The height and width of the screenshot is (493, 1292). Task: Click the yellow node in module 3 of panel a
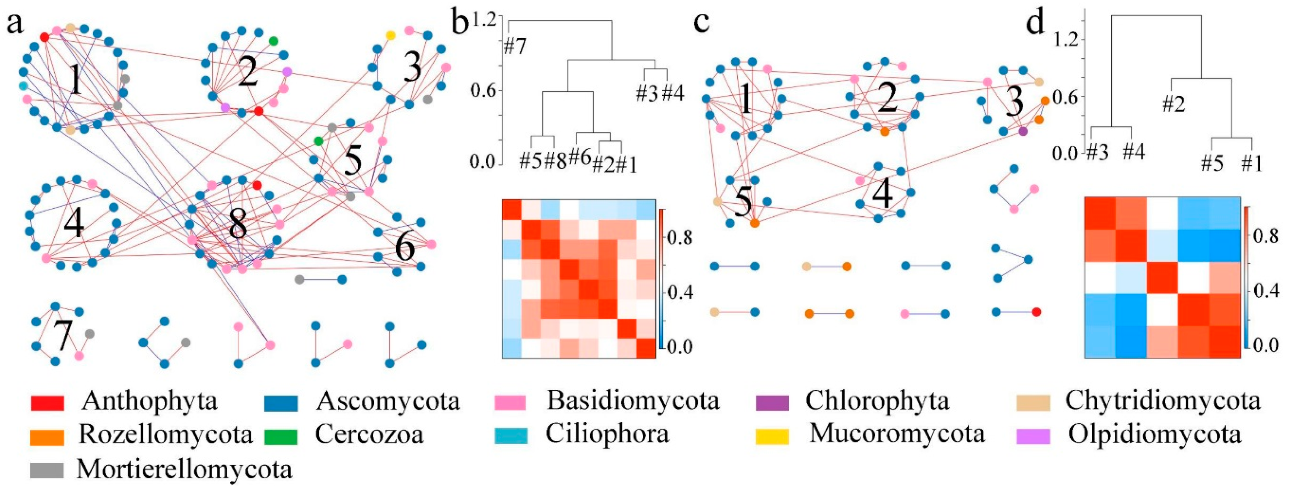pos(390,35)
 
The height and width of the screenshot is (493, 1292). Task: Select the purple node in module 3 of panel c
pos(1023,132)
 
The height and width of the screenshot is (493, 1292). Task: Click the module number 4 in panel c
pos(882,193)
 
